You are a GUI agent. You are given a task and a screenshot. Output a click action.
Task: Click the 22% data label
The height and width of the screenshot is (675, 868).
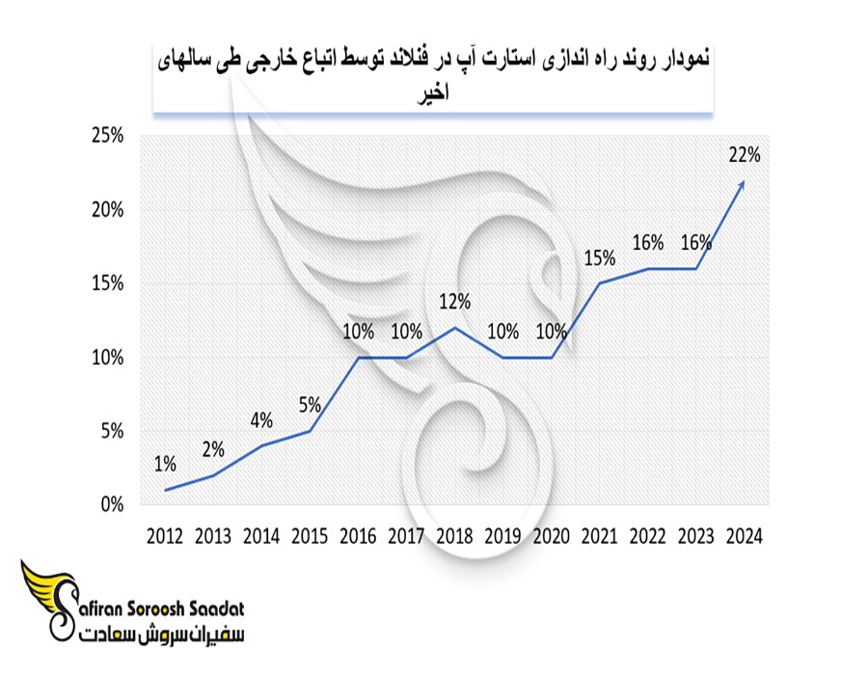[745, 153]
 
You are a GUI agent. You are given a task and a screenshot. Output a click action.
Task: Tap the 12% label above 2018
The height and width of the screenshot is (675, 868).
[454, 301]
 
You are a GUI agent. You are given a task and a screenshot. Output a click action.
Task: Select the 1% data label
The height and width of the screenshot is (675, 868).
[165, 465]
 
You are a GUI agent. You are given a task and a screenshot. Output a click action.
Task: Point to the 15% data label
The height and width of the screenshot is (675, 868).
[599, 257]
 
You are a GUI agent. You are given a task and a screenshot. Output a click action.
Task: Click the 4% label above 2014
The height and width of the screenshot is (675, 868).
[261, 420]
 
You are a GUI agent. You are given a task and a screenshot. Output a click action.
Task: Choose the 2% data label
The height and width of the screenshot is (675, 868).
[213, 449]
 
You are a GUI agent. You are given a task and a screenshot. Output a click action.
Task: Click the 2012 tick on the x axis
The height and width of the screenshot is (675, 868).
[166, 536]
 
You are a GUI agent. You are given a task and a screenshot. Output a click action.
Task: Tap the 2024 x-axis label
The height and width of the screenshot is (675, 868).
[744, 536]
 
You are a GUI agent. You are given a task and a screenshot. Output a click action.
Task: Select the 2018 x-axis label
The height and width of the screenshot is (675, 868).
[454, 536]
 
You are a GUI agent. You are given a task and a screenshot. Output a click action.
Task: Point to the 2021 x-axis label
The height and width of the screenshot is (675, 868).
[599, 536]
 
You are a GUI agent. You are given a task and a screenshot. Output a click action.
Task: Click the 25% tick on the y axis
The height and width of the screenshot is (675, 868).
[107, 136]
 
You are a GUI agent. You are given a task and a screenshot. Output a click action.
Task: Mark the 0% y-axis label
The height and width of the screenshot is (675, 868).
[111, 504]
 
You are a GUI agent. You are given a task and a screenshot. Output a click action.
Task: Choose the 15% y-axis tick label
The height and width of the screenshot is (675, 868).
[107, 283]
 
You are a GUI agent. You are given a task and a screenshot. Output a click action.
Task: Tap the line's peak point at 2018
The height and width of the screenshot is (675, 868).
[454, 328]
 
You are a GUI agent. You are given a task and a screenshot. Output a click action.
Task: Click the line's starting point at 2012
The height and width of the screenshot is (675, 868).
[166, 490]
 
